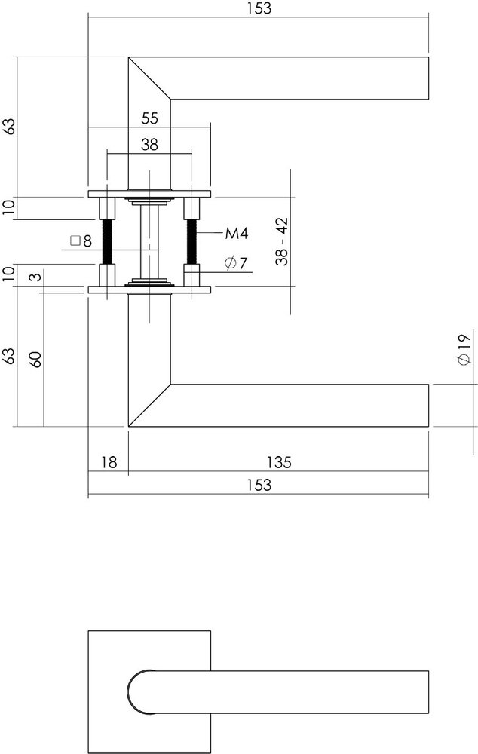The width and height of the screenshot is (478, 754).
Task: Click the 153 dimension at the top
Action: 258,8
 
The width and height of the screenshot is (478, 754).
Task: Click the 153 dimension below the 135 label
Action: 258,486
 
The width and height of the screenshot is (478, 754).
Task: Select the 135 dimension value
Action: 279,462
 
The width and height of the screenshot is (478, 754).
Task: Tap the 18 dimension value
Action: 109,462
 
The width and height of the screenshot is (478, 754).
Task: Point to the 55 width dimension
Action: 149,118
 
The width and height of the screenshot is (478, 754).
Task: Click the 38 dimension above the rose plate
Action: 149,146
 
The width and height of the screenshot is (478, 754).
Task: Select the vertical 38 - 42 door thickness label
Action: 281,241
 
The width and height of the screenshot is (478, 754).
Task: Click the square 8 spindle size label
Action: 81,241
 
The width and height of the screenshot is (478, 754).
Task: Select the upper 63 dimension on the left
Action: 9,127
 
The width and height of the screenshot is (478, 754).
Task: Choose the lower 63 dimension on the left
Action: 9,357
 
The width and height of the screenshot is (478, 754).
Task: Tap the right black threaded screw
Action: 192,241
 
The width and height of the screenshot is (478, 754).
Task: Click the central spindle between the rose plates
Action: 149,241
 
